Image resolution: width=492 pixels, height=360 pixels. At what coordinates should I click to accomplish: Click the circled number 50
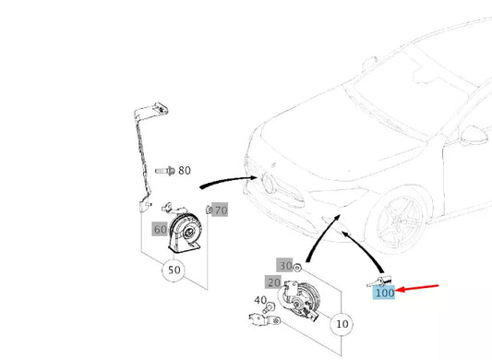(174, 271)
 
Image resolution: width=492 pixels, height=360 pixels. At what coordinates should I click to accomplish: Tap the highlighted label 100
(385, 294)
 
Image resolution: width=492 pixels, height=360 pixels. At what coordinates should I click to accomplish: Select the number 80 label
(185, 171)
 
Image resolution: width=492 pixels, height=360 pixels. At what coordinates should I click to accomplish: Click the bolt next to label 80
(165, 171)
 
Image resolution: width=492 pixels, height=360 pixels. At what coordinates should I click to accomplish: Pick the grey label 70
(220, 210)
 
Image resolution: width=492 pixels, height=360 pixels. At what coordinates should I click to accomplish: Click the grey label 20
(274, 282)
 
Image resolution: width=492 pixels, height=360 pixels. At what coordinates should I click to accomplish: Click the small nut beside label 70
(209, 210)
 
